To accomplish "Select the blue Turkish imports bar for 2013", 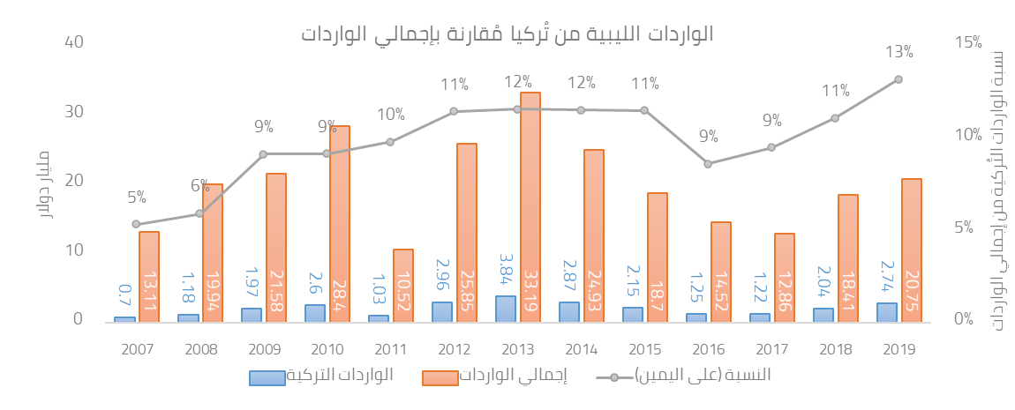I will click(x=505, y=308).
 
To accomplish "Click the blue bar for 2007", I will click(x=124, y=318).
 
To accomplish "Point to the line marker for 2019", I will click(x=898, y=79).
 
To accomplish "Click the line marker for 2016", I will click(x=708, y=163).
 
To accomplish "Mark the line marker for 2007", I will click(x=136, y=224).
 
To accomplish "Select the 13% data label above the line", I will click(x=898, y=52).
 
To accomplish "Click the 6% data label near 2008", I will click(x=199, y=186).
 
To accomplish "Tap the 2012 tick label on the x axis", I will click(x=455, y=348).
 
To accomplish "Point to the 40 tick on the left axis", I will click(x=73, y=42).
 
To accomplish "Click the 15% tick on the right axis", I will click(x=967, y=42).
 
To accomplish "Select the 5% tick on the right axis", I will click(x=964, y=227).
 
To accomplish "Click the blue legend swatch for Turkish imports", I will click(x=267, y=377).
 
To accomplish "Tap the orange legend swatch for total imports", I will click(x=440, y=377).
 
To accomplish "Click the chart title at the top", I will click(x=507, y=34).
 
